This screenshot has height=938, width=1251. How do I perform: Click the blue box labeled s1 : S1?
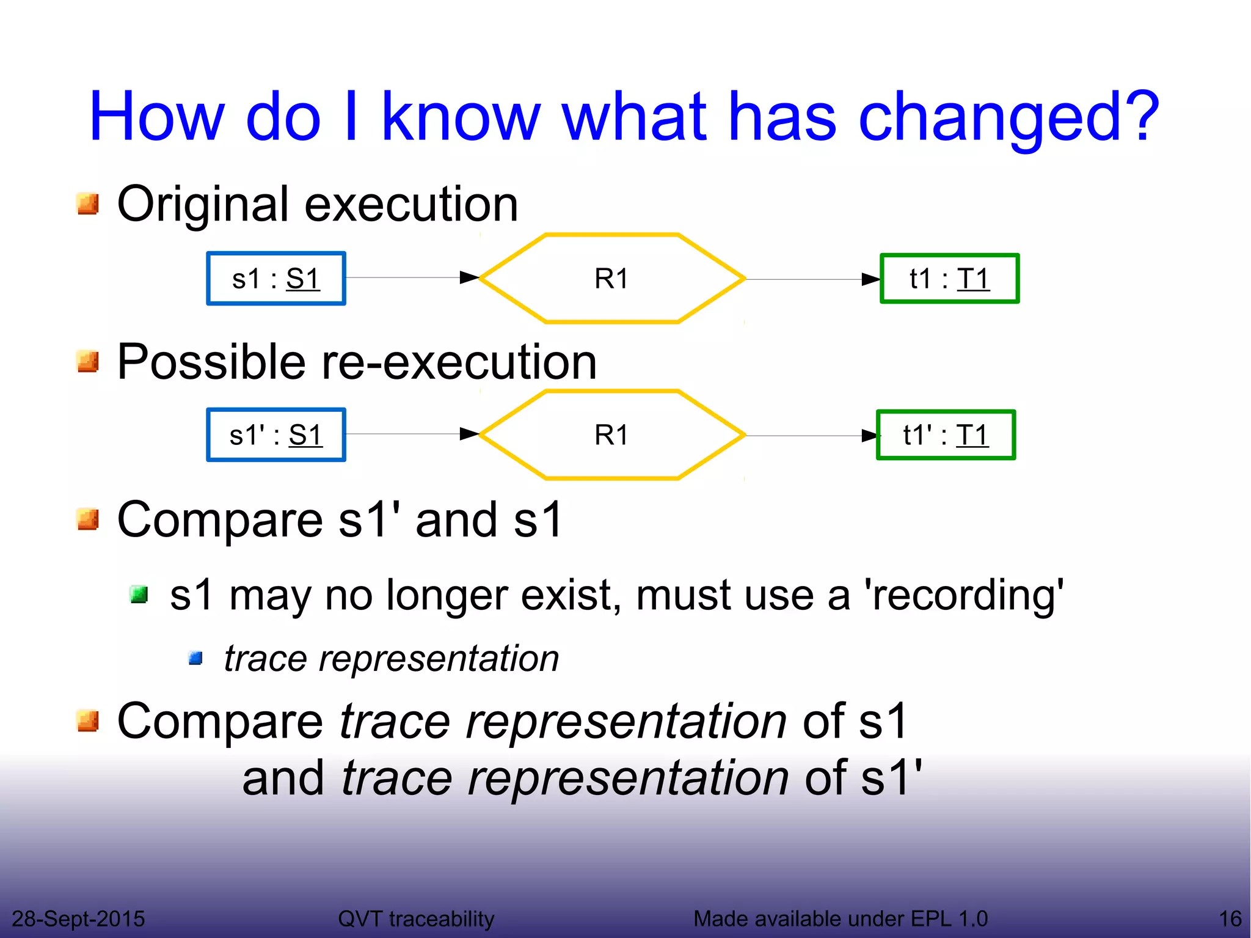(276, 279)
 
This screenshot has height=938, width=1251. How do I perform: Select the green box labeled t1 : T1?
(949, 279)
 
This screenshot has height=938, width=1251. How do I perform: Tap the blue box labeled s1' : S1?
(276, 435)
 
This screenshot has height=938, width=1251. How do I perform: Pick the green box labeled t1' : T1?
(946, 435)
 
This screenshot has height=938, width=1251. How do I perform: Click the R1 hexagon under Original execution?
(611, 279)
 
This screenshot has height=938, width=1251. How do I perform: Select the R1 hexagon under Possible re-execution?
(611, 435)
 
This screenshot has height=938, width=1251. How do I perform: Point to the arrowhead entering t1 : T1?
(870, 279)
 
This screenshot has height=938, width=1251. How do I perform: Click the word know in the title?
(461, 116)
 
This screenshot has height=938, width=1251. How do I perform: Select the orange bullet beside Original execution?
(88, 204)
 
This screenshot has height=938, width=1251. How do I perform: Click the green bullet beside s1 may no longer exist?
(139, 594)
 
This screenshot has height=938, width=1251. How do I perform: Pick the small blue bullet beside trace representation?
(195, 658)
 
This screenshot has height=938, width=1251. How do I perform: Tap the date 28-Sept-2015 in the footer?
(78, 918)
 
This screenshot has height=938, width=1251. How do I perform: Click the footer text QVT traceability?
(416, 918)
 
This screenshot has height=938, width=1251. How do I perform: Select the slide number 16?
(1230, 918)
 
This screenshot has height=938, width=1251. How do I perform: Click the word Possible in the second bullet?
(211, 362)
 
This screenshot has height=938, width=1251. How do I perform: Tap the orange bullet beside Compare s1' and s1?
(88, 519)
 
